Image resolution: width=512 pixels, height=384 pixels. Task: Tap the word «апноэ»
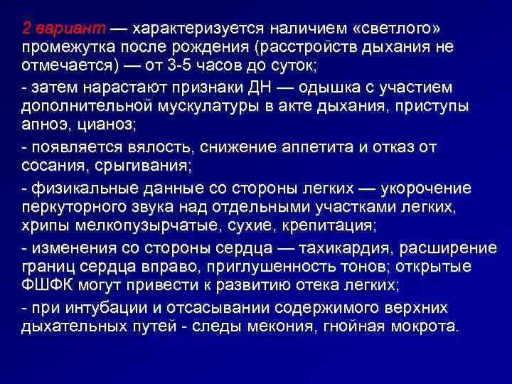[x=44, y=125]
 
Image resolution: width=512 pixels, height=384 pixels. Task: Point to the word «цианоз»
[x=100, y=125]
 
